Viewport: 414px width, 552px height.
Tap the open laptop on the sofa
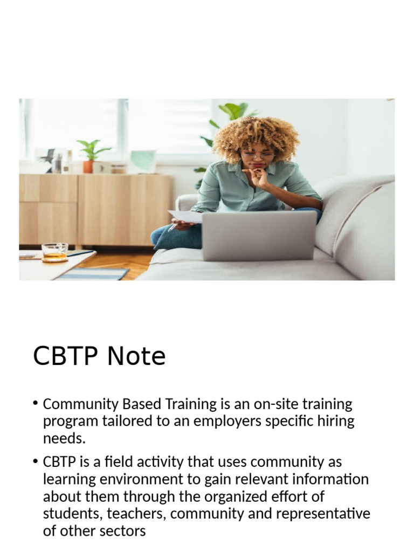coord(259,235)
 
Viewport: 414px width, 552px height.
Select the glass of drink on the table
coord(54,252)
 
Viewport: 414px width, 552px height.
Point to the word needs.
coord(64,438)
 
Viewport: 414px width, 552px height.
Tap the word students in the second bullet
coord(71,514)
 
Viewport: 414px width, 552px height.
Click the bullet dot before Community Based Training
coord(36,404)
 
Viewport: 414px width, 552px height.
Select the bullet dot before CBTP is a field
coord(36,462)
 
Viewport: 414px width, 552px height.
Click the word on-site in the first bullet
coord(275,404)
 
